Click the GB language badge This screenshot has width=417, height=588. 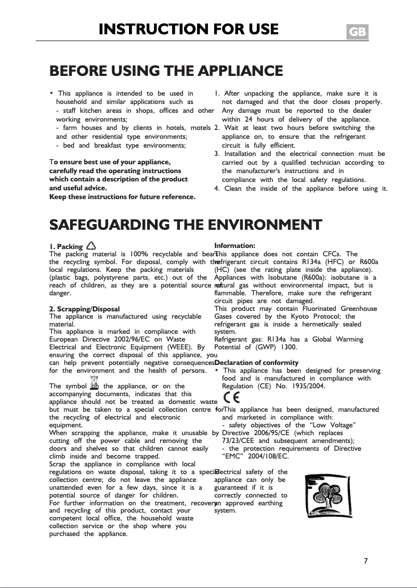(357, 32)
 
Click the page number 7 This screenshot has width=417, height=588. (366, 560)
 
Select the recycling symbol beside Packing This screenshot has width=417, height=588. (90, 246)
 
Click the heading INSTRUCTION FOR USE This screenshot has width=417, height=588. (188, 29)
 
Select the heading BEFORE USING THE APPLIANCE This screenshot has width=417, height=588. (166, 71)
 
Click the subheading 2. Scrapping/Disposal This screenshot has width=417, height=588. (84, 309)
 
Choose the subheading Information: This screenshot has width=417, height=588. (234, 245)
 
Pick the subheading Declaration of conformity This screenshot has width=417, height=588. (256, 362)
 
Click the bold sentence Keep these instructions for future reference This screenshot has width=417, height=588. (122, 197)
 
